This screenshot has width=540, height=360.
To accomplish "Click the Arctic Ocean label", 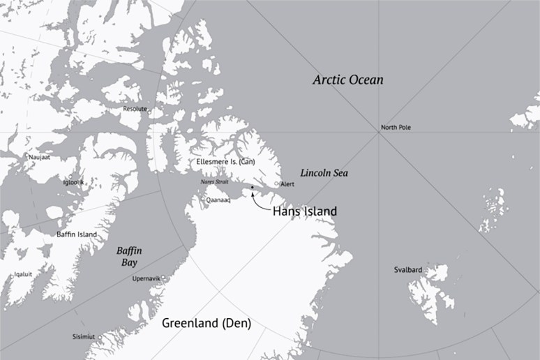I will pyautogui.click(x=347, y=80).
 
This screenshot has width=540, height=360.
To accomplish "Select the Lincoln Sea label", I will pyautogui.click(x=324, y=172).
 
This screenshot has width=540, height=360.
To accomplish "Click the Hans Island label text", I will pyautogui.click(x=304, y=211).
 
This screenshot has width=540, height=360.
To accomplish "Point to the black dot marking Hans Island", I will pyautogui.click(x=252, y=188).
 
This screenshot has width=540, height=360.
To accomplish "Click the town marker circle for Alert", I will pyautogui.click(x=277, y=183).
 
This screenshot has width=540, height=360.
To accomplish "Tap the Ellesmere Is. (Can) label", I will pyautogui.click(x=227, y=162).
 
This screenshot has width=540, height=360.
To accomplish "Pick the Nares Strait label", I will pyautogui.click(x=214, y=181).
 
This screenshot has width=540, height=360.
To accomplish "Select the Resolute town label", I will pyautogui.click(x=135, y=109).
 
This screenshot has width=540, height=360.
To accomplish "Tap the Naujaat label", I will pyautogui.click(x=39, y=158).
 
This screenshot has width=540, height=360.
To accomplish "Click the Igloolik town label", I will pyautogui.click(x=74, y=182).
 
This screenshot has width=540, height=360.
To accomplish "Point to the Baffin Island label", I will pyautogui.click(x=77, y=234).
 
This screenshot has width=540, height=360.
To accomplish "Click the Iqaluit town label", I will pyautogui.click(x=23, y=274).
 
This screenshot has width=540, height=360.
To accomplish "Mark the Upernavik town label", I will pyautogui.click(x=146, y=278).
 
